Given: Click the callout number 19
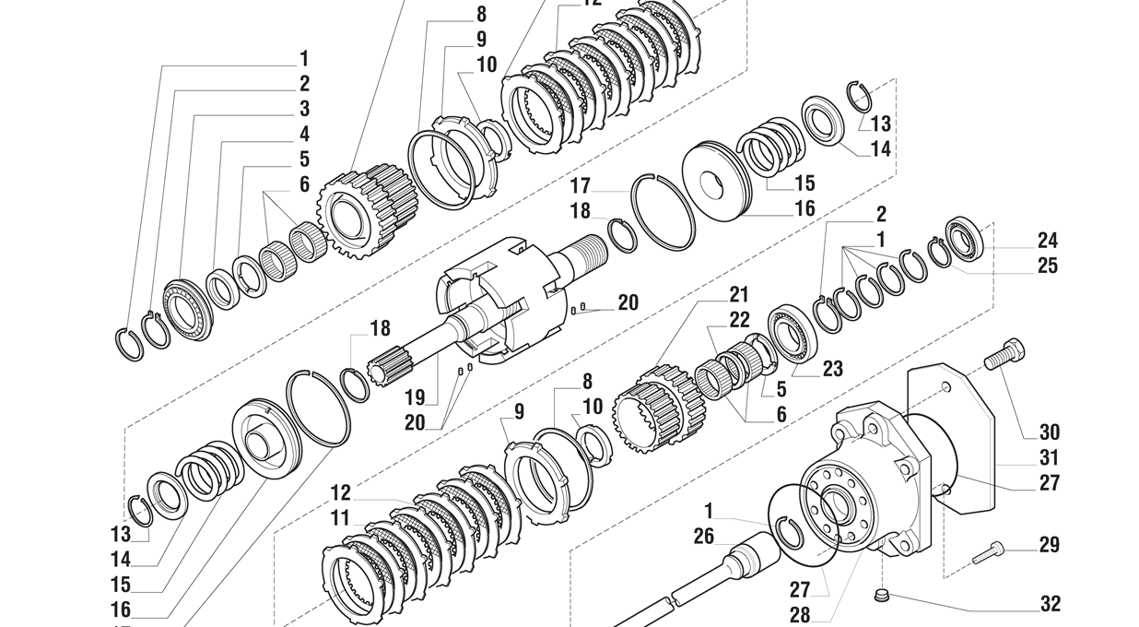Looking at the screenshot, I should click(x=415, y=397).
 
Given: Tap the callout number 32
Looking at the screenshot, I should click(x=1050, y=604).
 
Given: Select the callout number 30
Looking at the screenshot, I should click(x=1050, y=432).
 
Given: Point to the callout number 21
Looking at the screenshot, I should click(x=739, y=295).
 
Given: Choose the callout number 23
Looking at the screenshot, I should click(x=832, y=369).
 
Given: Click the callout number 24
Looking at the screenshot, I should click(x=1047, y=241).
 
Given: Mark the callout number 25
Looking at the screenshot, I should click(x=1047, y=266).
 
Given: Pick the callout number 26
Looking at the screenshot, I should click(x=704, y=537).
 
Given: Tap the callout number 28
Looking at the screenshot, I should click(x=799, y=614).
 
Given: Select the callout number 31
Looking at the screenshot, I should click(x=1050, y=457).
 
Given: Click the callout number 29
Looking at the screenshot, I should click(x=1050, y=545).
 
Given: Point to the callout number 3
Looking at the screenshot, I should click(x=304, y=109).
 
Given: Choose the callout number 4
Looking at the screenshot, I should click(x=304, y=135).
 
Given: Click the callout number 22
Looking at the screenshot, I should click(x=739, y=320).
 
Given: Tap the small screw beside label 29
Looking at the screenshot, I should click(x=988, y=550).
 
